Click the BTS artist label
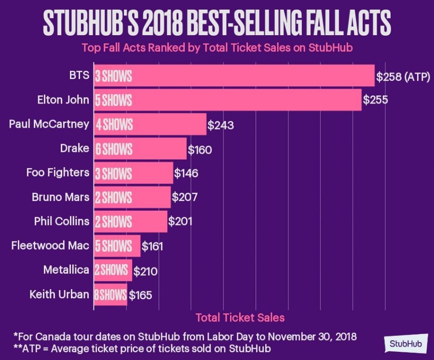(79, 76)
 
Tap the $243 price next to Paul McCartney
(220, 125)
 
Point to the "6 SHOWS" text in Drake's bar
(113, 149)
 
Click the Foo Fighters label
(58, 173)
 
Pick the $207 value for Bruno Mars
(185, 197)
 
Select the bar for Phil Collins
(131, 221)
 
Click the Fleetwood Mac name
(50, 246)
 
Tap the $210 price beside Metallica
(145, 271)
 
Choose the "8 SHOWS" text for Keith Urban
(110, 294)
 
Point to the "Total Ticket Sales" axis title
(240, 318)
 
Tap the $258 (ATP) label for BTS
(403, 77)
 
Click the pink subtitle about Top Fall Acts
(217, 48)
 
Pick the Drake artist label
(75, 148)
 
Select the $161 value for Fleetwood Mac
(152, 247)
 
